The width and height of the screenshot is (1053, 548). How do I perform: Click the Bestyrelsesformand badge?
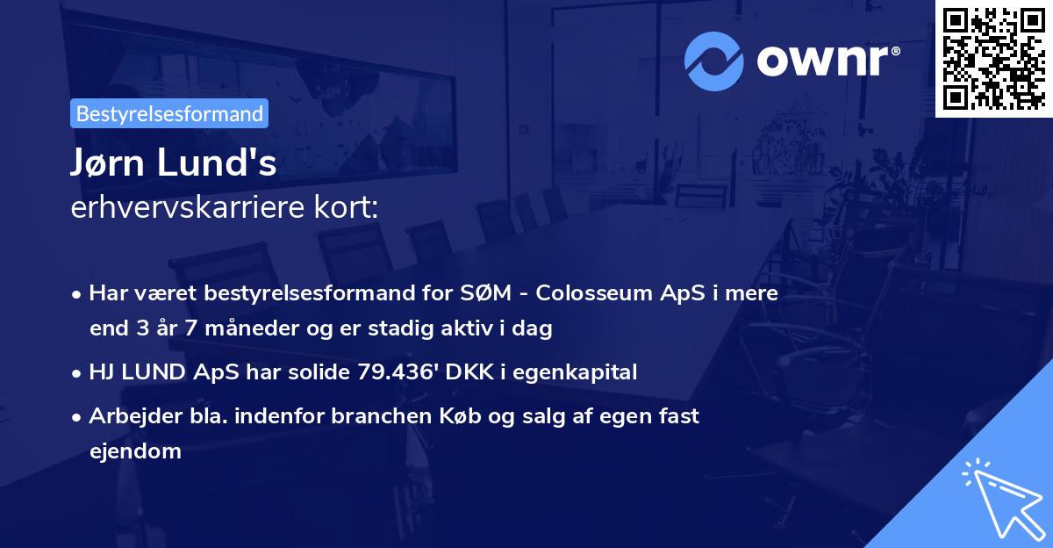coord(169,113)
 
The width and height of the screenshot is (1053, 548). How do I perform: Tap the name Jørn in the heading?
coord(109,163)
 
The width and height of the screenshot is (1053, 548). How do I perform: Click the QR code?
coord(994,58)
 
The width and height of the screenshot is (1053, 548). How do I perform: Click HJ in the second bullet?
coord(102,372)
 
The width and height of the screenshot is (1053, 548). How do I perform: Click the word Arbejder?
coord(127,416)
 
